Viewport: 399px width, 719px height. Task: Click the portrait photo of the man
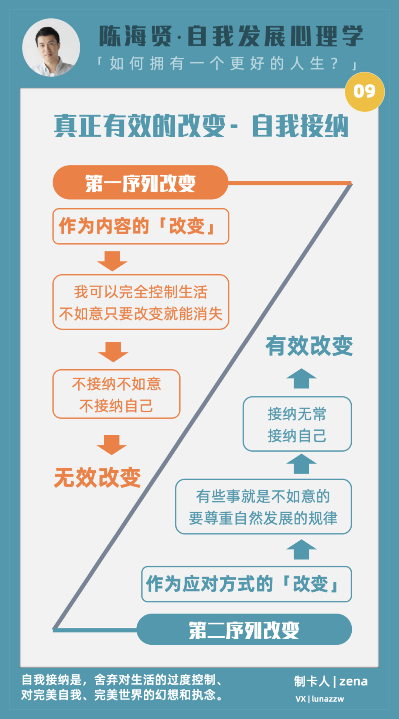[51, 48]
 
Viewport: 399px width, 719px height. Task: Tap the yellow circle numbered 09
[365, 92]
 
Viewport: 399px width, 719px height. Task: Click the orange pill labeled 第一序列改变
[140, 183]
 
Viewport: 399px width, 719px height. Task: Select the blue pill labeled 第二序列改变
[244, 630]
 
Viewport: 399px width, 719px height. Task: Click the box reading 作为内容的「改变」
[141, 226]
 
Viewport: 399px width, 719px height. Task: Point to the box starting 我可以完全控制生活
[141, 302]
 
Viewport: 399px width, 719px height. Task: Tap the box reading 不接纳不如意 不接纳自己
[116, 394]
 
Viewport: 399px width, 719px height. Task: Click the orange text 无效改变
[98, 477]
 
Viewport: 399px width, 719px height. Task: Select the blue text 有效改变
[309, 346]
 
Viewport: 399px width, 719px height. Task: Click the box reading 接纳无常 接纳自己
[297, 424]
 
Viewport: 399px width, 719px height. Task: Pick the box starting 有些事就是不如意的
[263, 506]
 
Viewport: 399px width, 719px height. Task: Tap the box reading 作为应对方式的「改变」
[246, 584]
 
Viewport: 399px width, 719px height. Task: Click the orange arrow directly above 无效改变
[112, 445]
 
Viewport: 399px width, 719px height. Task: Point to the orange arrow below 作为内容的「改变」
[112, 261]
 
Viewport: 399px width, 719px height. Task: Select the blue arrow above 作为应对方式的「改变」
[301, 549]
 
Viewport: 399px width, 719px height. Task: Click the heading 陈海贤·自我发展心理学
[231, 36]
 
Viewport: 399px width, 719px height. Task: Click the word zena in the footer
[354, 681]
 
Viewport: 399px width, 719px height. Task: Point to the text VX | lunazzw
[320, 699]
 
